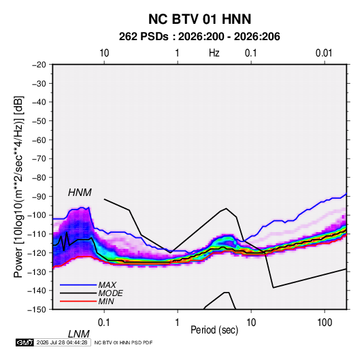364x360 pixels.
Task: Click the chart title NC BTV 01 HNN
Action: pyautogui.click(x=199, y=19)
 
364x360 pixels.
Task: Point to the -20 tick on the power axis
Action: pyautogui.click(x=39, y=65)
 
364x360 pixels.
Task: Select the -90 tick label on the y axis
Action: pyautogui.click(x=39, y=196)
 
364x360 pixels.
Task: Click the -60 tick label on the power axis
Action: pyautogui.click(x=39, y=140)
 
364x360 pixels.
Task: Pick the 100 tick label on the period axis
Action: pyautogui.click(x=325, y=323)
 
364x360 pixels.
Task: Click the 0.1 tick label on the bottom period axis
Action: pyautogui.click(x=104, y=323)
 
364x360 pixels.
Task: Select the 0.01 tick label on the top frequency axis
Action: pyautogui.click(x=324, y=53)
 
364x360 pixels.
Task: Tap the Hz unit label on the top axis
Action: pyautogui.click(x=214, y=53)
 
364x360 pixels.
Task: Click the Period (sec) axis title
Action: pyautogui.click(x=214, y=330)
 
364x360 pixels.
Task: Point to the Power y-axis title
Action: pyautogui.click(x=18, y=187)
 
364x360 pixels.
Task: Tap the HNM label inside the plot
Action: pyautogui.click(x=80, y=193)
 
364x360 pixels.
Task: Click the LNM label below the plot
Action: pyautogui.click(x=78, y=334)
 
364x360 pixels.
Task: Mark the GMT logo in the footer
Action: pyautogui.click(x=25, y=342)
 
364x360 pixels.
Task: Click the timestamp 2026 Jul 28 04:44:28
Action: pyautogui.click(x=62, y=342)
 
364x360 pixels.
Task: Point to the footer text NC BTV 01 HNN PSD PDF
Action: pyautogui.click(x=123, y=342)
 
